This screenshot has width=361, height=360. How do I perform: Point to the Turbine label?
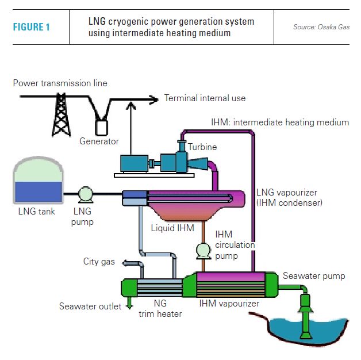[202, 147]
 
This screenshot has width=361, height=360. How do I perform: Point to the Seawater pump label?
[314, 276]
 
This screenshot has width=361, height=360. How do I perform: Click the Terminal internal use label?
[205, 98]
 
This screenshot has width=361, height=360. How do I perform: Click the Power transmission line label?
[60, 83]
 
